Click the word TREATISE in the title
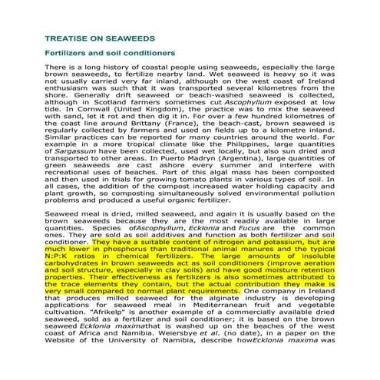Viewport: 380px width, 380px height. pos(67,37)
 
